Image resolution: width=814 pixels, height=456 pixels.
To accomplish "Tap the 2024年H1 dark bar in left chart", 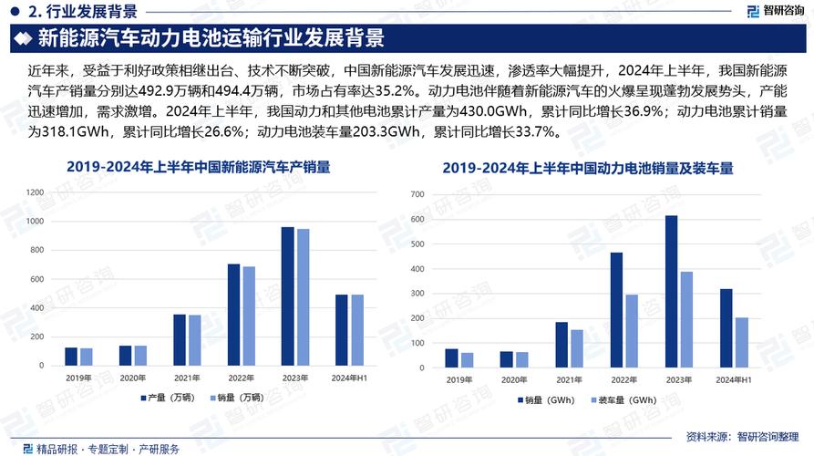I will point(341,329).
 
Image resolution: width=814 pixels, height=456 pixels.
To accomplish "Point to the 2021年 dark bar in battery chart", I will point(561,347).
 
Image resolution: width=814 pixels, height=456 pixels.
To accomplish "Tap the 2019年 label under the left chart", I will point(78,377).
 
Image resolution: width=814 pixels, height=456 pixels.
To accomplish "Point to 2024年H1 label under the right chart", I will point(733,379).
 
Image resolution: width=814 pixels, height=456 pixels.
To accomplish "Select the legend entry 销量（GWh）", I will point(551,400).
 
